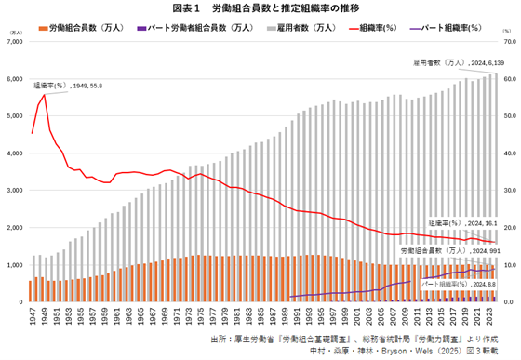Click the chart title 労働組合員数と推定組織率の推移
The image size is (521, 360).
click(x=260, y=8)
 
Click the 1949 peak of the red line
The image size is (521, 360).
click(x=45, y=95)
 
